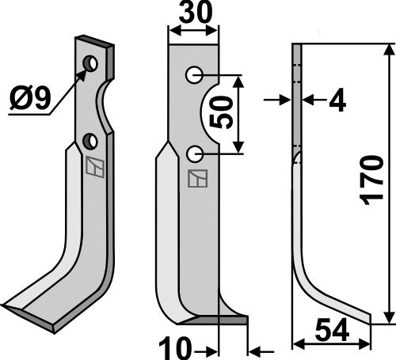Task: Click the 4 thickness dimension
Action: (x=337, y=100)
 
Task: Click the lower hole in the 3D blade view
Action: (x=90, y=141)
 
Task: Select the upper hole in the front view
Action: (x=193, y=75)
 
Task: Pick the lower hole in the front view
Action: (x=193, y=152)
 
